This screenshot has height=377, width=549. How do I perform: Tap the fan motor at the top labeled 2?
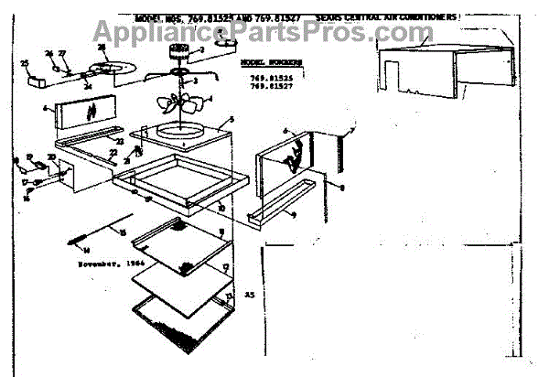point(178,57)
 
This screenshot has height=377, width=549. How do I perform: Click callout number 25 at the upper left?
point(25,62)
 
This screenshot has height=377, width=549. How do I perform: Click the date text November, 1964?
point(102,262)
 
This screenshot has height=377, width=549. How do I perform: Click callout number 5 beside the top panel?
point(231,120)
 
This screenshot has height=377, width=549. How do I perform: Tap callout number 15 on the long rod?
point(120,232)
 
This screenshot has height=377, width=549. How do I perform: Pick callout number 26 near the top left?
point(49,54)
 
